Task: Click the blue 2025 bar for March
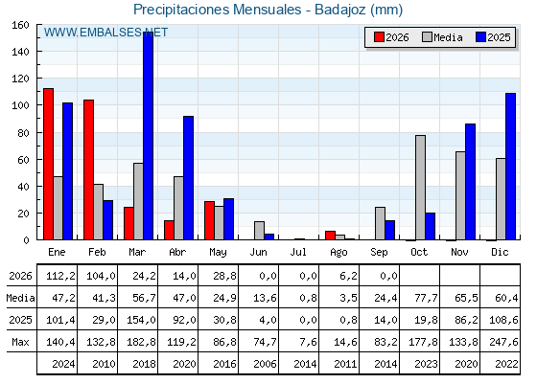pos(149,136)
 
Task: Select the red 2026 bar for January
pos(48,164)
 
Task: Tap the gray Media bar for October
pos(420,188)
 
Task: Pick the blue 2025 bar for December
pos(510,167)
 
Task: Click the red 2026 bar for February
pos(88,169)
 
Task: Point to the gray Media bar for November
pos(460,195)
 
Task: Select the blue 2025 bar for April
pos(188,178)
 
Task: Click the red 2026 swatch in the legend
pos(379,37)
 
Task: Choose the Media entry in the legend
pos(442,37)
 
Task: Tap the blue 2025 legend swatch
pos(480,37)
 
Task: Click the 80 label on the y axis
pos(23,133)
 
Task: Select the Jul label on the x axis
pos(298,252)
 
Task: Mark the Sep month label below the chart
pos(379,252)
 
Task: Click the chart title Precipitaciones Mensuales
pos(218,10)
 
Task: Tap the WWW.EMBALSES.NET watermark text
pos(105,33)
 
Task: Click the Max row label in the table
pos(20,342)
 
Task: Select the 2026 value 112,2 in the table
pos(60,276)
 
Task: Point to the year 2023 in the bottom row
pos(426,364)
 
